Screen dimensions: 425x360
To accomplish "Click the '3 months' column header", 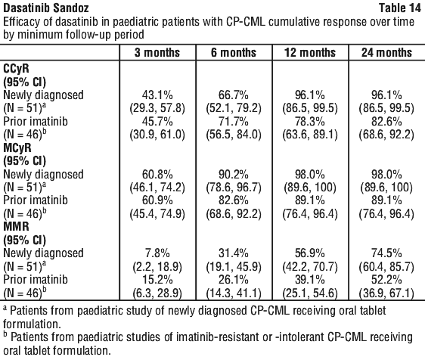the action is (x=157, y=52).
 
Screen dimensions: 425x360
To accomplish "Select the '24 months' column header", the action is (x=386, y=52).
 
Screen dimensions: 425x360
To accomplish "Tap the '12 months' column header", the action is (x=310, y=52).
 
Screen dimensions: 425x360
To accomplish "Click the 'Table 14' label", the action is (x=400, y=8).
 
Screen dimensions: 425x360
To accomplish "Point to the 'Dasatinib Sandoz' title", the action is (x=46, y=8).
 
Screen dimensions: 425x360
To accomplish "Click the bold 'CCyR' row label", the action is (x=16, y=69).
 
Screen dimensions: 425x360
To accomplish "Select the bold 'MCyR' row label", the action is (x=17, y=148).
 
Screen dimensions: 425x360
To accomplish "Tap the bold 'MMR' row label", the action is (x=16, y=227).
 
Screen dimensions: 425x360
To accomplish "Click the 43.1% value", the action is (x=157, y=95).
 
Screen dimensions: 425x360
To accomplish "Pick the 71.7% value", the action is (x=234, y=122).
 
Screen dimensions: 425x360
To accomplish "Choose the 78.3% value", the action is (x=310, y=122).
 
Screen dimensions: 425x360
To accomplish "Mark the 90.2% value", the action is (x=234, y=174).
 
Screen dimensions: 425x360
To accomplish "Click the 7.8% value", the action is (x=157, y=253).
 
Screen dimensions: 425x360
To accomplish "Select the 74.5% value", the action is (x=386, y=253).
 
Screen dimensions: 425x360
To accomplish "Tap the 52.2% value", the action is (x=386, y=280).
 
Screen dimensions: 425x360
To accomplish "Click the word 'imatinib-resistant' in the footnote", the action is (x=218, y=337).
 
